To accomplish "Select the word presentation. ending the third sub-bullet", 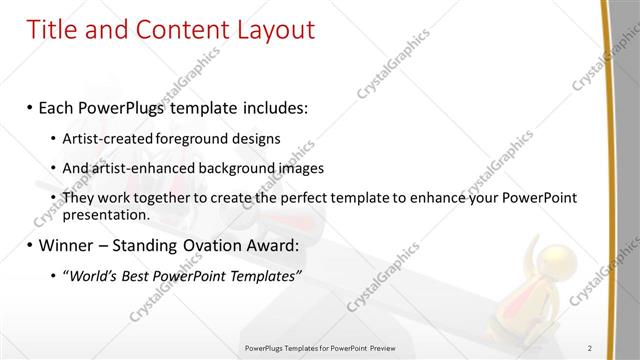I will click(106, 214).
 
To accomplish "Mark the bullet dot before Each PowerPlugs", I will click(30, 105).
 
